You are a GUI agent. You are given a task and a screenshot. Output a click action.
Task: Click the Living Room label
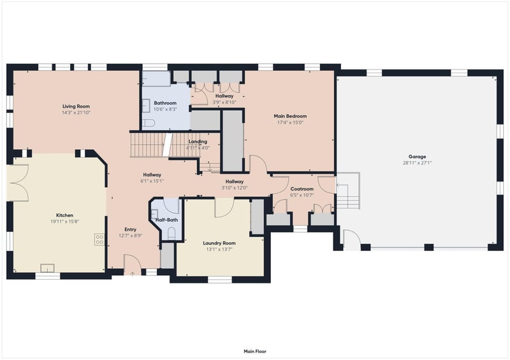76,106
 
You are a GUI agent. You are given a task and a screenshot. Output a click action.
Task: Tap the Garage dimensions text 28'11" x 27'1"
417,163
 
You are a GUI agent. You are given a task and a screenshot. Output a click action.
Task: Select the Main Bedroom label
290,116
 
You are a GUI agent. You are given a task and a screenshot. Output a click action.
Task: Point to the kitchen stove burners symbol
99,240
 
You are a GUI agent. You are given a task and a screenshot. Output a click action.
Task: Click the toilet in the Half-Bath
171,233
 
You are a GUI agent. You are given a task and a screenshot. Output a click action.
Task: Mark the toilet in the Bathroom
149,123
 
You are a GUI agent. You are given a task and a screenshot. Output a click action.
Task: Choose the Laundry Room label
219,243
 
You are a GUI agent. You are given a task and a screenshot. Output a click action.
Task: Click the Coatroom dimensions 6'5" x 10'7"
302,196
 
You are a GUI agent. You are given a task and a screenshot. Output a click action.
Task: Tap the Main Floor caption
255,352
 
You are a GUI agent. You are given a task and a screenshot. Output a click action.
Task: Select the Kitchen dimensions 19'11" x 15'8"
65,222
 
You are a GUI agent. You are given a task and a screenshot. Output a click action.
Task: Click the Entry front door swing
133,263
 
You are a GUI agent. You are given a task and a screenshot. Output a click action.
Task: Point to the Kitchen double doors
18,183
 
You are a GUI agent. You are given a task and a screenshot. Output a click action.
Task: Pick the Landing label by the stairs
198,142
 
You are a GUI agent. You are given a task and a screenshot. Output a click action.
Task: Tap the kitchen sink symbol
47,268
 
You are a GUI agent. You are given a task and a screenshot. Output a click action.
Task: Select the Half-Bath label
166,220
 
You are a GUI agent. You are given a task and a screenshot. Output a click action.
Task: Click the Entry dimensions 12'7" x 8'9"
131,236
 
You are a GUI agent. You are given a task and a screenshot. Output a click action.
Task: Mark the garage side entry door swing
351,240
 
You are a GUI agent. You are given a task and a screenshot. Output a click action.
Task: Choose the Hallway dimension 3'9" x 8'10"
224,102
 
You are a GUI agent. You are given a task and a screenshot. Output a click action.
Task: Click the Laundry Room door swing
224,208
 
